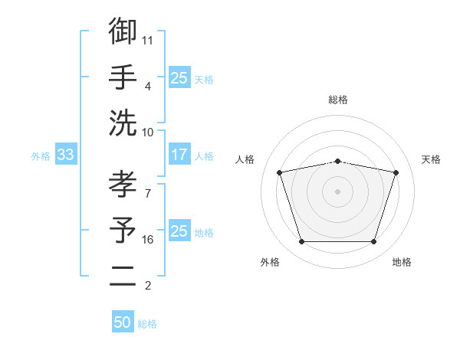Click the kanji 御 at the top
pyautogui.click(x=123, y=31)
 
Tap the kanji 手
pyautogui.click(x=123, y=77)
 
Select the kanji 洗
pyautogui.click(x=123, y=123)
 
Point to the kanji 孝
pyautogui.click(x=123, y=184)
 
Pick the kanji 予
pyautogui.click(x=123, y=230)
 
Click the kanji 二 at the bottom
pyautogui.click(x=123, y=276)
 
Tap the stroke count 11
pyautogui.click(x=147, y=41)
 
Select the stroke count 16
pyautogui.click(x=147, y=240)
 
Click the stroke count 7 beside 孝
pyautogui.click(x=148, y=194)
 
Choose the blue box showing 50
pyautogui.click(x=123, y=321)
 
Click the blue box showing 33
pyautogui.click(x=66, y=154)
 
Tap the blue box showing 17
pyautogui.click(x=180, y=154)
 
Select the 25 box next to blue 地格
pyautogui.click(x=180, y=230)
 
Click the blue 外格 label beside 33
pyautogui.click(x=41, y=156)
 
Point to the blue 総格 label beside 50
pyautogui.click(x=147, y=324)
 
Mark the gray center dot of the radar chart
pyautogui.click(x=337, y=191)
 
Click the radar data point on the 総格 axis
pyautogui.click(x=337, y=162)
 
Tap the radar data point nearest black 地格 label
pyautogui.click(x=373, y=241)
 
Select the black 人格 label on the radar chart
pyautogui.click(x=245, y=159)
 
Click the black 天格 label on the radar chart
pyautogui.click(x=431, y=159)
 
